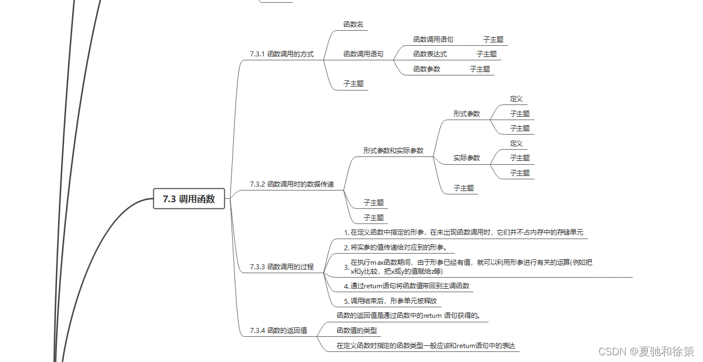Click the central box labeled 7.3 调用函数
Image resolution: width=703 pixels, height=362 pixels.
tap(189, 199)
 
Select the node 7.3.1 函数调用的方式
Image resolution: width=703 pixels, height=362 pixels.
tap(282, 54)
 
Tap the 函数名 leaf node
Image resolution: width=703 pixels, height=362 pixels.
tap(353, 25)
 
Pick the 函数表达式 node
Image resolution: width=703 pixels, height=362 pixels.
tap(430, 54)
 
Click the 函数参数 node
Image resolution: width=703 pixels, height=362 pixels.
tap(426, 69)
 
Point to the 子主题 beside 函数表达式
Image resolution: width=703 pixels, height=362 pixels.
tap(487, 54)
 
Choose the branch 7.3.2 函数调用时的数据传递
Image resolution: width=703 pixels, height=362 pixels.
tap(292, 184)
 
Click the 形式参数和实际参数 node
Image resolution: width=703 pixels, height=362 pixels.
tap(393, 151)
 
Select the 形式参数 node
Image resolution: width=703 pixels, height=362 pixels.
tap(466, 113)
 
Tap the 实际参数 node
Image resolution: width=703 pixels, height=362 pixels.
tap(466, 158)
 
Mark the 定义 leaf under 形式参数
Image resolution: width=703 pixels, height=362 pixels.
tap(516, 99)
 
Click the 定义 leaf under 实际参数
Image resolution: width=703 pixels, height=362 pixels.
tap(516, 144)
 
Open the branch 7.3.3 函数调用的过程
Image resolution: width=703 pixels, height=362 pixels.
tap(282, 267)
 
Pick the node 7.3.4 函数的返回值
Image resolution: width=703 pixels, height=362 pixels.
tap(279, 331)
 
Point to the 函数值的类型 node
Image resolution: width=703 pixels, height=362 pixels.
tap(357, 330)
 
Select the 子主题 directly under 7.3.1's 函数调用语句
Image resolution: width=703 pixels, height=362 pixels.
tap(353, 84)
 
